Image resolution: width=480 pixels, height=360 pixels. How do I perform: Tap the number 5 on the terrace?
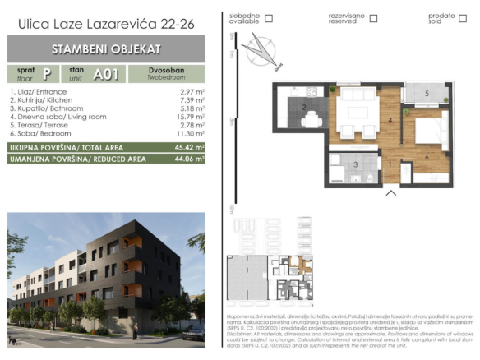427,94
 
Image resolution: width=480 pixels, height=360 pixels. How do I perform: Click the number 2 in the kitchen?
304,108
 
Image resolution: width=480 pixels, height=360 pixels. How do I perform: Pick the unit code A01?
104,73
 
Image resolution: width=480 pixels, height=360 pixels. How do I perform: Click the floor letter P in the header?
46,73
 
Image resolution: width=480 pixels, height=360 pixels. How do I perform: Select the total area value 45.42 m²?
188,147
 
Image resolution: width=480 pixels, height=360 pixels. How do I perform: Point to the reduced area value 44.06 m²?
188,159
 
